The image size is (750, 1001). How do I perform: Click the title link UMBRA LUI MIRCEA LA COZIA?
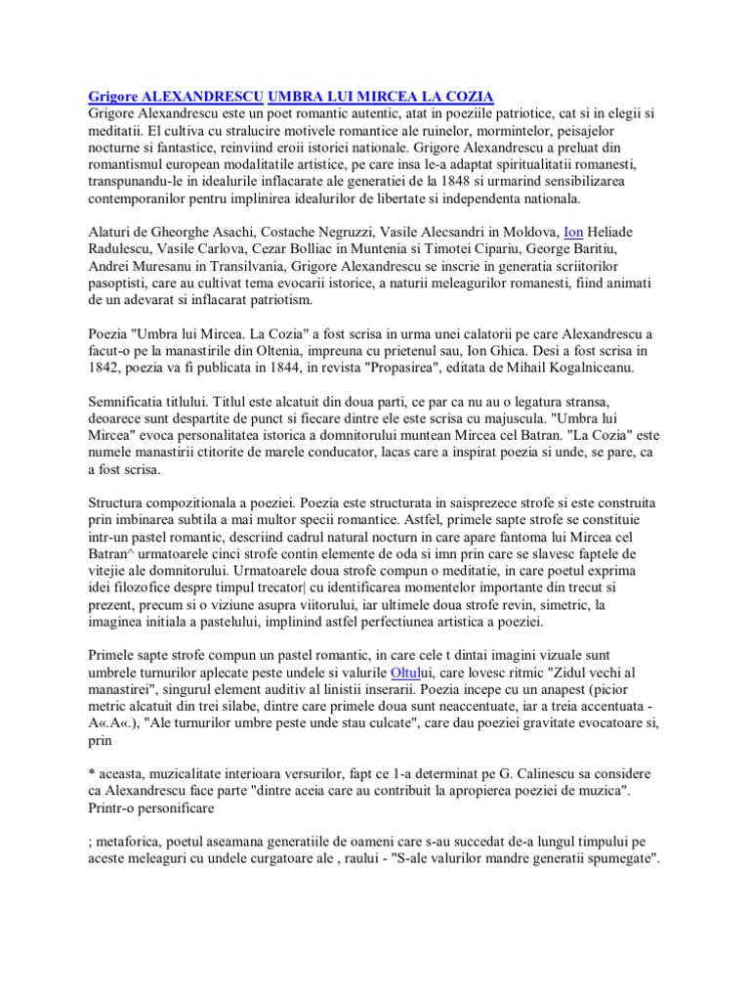381,96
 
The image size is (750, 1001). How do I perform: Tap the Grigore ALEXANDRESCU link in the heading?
176,96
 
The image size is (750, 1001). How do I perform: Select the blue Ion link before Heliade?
574,231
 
